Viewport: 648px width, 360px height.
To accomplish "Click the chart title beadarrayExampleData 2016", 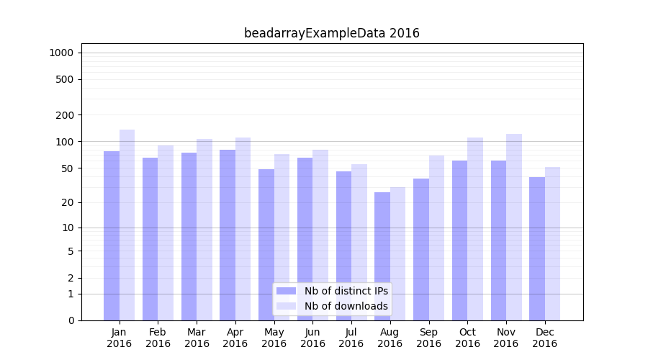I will point(331,33).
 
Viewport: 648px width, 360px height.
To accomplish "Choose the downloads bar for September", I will point(436,238).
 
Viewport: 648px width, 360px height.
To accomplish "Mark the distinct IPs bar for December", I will point(537,248).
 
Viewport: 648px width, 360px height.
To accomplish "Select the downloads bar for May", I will point(282,237).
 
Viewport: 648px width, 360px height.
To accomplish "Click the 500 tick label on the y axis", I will point(65,79).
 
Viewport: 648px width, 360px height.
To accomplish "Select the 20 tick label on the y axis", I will point(67,202).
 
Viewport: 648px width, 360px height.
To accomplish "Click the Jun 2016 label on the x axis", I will point(312,338).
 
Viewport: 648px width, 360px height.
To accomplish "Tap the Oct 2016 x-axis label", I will point(467,338).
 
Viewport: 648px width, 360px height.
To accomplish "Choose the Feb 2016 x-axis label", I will point(158,338).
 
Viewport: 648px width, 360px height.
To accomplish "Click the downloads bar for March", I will point(204,230).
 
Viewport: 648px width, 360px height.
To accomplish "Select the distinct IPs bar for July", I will point(343,246).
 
